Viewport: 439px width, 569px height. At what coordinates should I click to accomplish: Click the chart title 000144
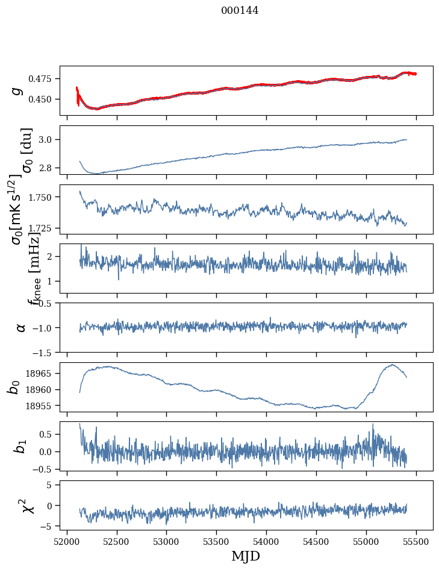(x=240, y=10)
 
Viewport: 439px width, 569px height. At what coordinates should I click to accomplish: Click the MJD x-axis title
(x=246, y=556)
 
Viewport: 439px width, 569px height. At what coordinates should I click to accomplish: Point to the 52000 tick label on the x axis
(x=67, y=541)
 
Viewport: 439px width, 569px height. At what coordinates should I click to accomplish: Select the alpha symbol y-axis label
(x=21, y=327)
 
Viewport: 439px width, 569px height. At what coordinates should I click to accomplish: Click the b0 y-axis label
(x=14, y=387)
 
